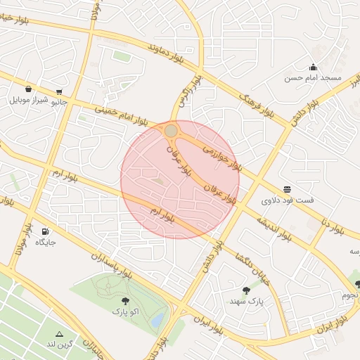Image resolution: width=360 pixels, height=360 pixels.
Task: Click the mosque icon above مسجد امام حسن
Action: pyautogui.click(x=311, y=66)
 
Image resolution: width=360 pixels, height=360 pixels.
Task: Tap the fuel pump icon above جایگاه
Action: pyautogui.click(x=46, y=231)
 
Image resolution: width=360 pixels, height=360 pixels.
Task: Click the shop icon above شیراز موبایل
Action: pyautogui.click(x=28, y=89)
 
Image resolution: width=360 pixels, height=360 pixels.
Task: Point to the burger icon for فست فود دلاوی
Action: pyautogui.click(x=288, y=189)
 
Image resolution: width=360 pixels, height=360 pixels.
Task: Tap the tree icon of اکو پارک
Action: pyautogui.click(x=125, y=300)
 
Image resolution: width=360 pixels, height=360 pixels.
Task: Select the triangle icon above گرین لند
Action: pyautogui.click(x=60, y=334)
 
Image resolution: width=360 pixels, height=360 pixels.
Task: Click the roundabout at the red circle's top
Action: pyautogui.click(x=171, y=131)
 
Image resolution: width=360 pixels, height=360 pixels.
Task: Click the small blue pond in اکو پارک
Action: pyautogui.click(x=157, y=321)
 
